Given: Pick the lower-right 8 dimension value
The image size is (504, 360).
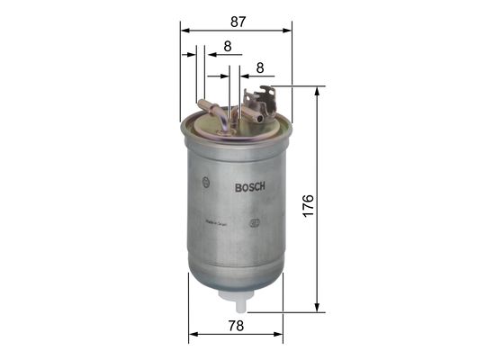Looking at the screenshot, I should pyautogui.click(x=259, y=67).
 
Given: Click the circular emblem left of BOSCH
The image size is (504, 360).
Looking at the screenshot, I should pyautogui.click(x=207, y=186).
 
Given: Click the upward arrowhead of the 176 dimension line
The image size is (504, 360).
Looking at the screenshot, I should pyautogui.click(x=317, y=91).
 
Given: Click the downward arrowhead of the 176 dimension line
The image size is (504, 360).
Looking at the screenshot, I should pyautogui.click(x=317, y=309).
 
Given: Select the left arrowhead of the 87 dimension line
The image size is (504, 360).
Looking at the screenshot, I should pyautogui.click(x=184, y=30).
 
